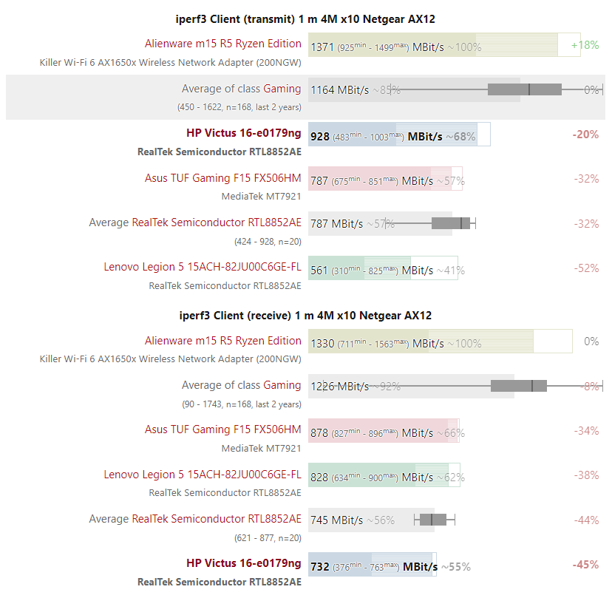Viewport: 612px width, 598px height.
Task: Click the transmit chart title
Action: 306,18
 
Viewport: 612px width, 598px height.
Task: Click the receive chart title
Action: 306,315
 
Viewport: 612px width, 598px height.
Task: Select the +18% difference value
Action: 585,45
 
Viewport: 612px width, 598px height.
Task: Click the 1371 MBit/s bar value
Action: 322,47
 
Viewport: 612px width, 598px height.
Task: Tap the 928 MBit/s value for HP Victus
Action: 320,136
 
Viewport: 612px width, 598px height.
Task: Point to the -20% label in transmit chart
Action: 585,135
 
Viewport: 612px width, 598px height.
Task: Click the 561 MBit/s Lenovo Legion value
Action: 319,270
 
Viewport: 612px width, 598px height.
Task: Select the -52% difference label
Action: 586,268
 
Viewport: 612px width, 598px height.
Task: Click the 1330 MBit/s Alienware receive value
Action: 322,343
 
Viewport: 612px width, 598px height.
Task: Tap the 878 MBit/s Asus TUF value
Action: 319,432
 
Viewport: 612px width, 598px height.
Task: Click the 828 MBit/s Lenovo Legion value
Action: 319,477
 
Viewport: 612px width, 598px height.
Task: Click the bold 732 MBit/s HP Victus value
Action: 320,566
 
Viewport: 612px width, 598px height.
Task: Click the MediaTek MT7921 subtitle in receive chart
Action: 261,448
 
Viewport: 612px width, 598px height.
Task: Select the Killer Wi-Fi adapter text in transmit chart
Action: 170,63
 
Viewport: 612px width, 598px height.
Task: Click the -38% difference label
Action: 586,475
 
